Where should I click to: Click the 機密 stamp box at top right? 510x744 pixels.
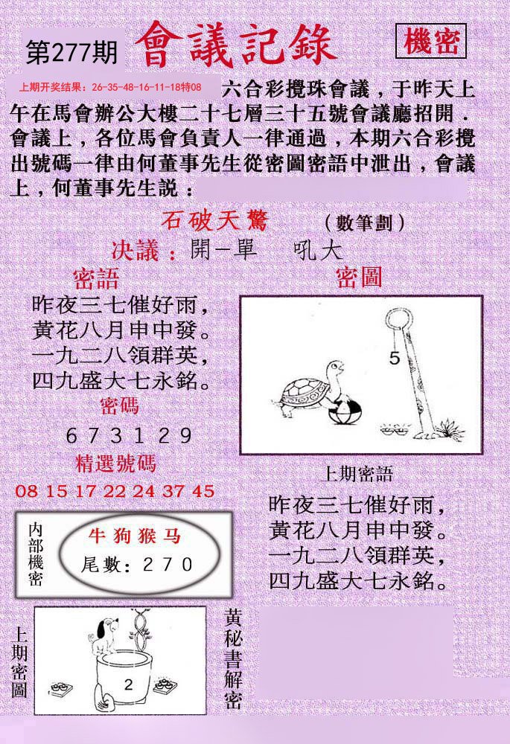click(x=430, y=41)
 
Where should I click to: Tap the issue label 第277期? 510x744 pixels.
click(x=71, y=52)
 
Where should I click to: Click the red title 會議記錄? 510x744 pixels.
click(x=235, y=45)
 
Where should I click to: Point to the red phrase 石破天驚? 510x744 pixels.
click(x=215, y=221)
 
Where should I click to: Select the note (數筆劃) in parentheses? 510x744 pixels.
click(x=365, y=222)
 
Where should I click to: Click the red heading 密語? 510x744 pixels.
click(x=96, y=279)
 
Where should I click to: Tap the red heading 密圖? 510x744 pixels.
click(x=359, y=277)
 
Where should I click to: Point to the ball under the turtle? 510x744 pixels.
click(x=345, y=411)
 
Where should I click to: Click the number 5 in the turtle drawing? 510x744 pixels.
click(x=395, y=358)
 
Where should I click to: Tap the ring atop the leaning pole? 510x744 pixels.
click(x=398, y=320)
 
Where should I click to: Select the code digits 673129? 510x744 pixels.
click(x=129, y=435)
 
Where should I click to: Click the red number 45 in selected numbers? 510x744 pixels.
click(x=204, y=491)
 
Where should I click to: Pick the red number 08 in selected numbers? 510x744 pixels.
click(x=26, y=491)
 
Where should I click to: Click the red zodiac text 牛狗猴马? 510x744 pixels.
click(x=135, y=536)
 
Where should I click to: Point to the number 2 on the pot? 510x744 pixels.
click(x=128, y=684)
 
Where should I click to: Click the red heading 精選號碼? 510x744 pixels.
click(x=115, y=464)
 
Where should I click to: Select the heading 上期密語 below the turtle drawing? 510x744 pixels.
click(x=357, y=473)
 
